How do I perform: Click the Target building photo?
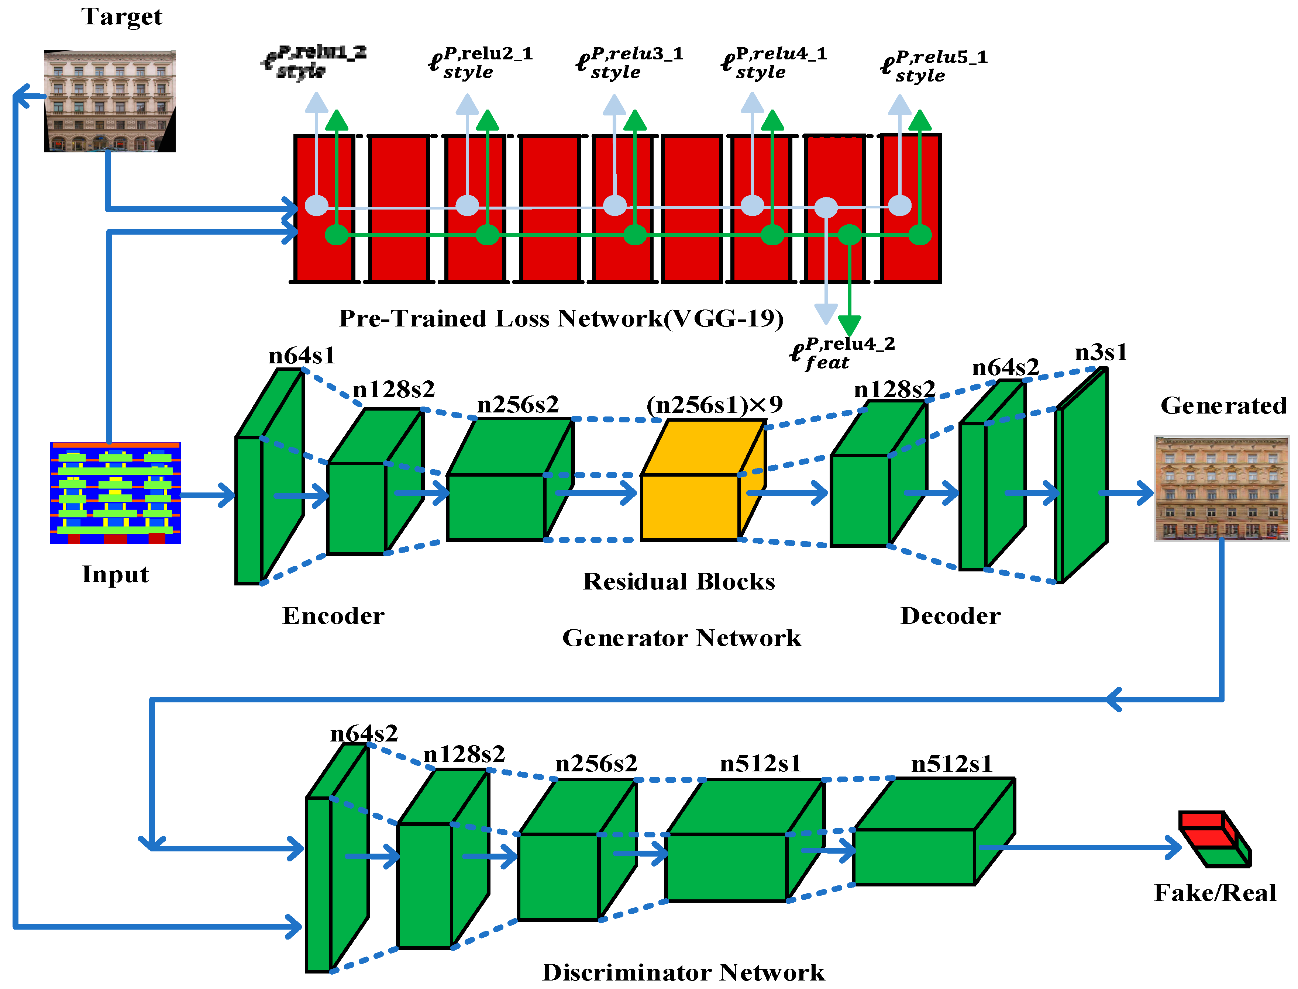pos(110,101)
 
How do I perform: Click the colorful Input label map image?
pos(116,493)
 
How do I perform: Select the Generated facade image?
pos(1221,488)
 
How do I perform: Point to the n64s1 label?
pos(302,356)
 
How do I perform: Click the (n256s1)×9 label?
pos(714,404)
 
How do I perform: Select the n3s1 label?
pos(1100,353)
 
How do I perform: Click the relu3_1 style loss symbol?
pos(629,63)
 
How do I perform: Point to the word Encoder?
pos(333,616)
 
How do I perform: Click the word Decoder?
pos(950,616)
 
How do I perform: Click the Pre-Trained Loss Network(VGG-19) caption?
pos(561,318)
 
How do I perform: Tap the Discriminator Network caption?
pos(683,972)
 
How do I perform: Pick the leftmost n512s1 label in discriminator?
pos(760,764)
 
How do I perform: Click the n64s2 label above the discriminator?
pos(364,733)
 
